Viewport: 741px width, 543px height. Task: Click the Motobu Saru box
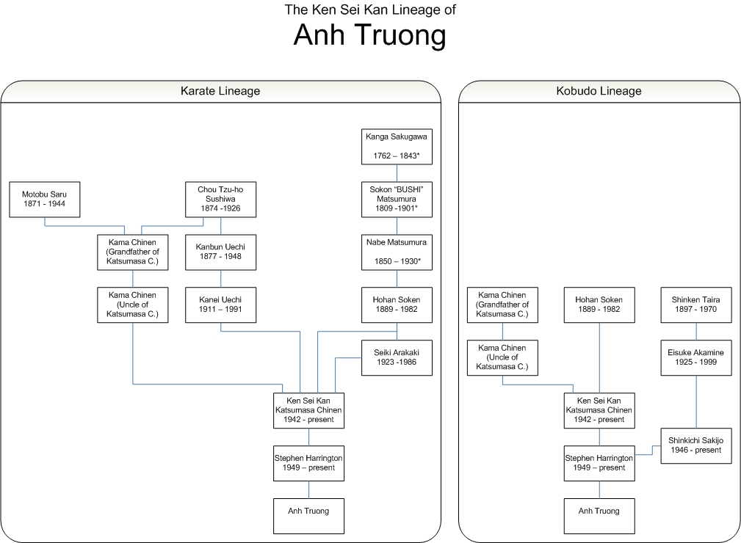click(x=44, y=199)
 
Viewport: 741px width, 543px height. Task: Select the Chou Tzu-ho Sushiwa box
click(x=220, y=199)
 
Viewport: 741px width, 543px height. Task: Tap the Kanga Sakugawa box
click(x=397, y=146)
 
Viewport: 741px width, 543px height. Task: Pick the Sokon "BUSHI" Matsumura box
click(x=397, y=199)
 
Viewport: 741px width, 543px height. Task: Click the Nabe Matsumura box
click(x=397, y=252)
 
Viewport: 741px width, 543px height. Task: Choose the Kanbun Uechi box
click(x=220, y=252)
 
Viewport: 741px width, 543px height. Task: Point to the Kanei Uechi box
click(x=220, y=305)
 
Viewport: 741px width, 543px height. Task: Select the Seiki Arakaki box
click(x=397, y=357)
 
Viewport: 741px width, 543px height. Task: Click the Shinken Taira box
click(x=695, y=305)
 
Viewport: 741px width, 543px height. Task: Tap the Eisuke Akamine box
click(x=695, y=357)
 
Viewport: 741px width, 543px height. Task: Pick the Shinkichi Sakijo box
click(x=695, y=445)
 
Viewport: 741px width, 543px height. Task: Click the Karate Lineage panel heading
click(x=220, y=91)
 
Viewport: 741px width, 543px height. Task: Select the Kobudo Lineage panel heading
click(x=599, y=91)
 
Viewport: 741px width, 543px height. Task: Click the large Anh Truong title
click(x=369, y=34)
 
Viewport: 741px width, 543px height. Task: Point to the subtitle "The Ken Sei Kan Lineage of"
click(x=369, y=10)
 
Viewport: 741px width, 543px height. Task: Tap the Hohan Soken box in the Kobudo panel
click(x=599, y=305)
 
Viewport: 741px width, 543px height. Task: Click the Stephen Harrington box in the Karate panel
click(x=308, y=463)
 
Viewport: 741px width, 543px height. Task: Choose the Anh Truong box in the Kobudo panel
click(x=599, y=516)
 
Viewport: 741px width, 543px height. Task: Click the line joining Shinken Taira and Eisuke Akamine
click(x=695, y=331)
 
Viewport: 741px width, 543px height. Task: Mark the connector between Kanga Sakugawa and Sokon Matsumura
click(x=397, y=172)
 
